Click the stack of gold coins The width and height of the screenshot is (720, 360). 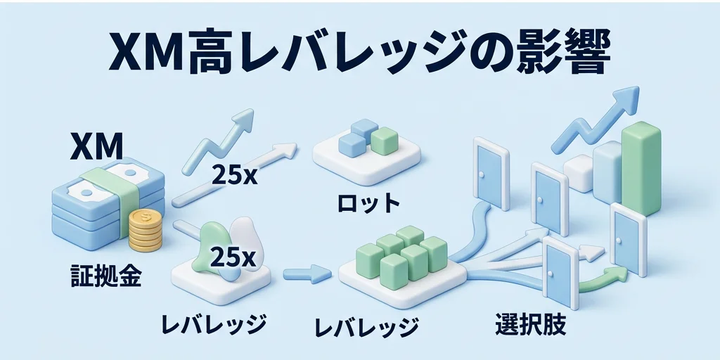146,230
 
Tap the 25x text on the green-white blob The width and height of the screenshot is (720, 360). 233,257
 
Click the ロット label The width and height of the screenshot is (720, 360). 366,204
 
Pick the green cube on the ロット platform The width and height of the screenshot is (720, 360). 385,140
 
